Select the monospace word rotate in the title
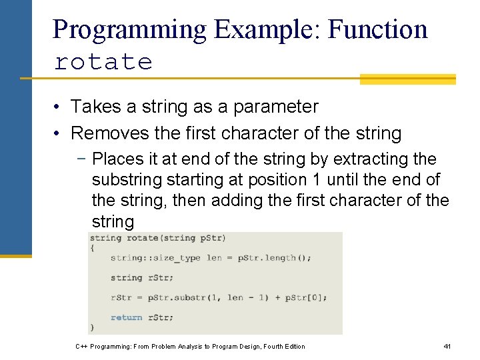(x=103, y=62)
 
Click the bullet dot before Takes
(x=59, y=107)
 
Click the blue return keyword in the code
(x=126, y=318)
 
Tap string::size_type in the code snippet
(x=155, y=258)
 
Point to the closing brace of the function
(x=92, y=327)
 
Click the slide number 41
(x=447, y=346)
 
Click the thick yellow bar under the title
(x=407, y=79)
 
